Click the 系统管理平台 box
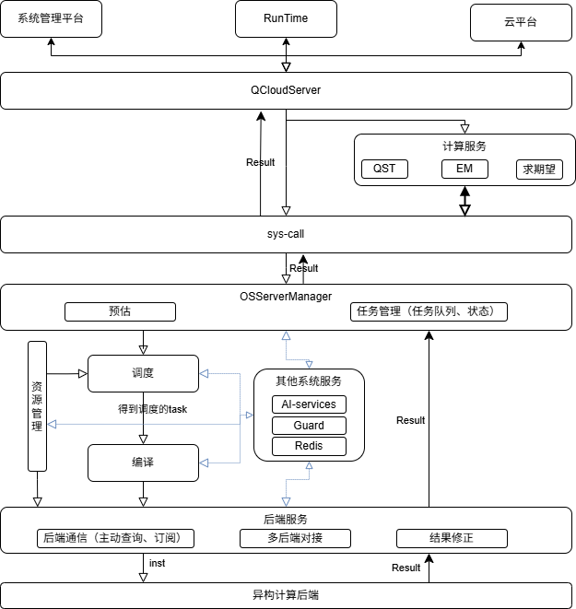coord(51,18)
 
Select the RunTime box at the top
coord(286,18)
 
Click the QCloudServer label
coord(286,90)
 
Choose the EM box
coord(464,170)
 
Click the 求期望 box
coord(539,170)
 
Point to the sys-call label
coord(286,234)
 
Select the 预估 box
coord(120,311)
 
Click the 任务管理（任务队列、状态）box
coord(429,311)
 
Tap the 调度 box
coord(143,373)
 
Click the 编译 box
coord(143,463)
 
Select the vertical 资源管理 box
coord(37,405)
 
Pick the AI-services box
coord(310,404)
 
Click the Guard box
coord(310,426)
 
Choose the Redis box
coord(310,447)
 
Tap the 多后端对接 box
coord(295,538)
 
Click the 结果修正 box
coord(452,538)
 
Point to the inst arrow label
coord(158,562)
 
